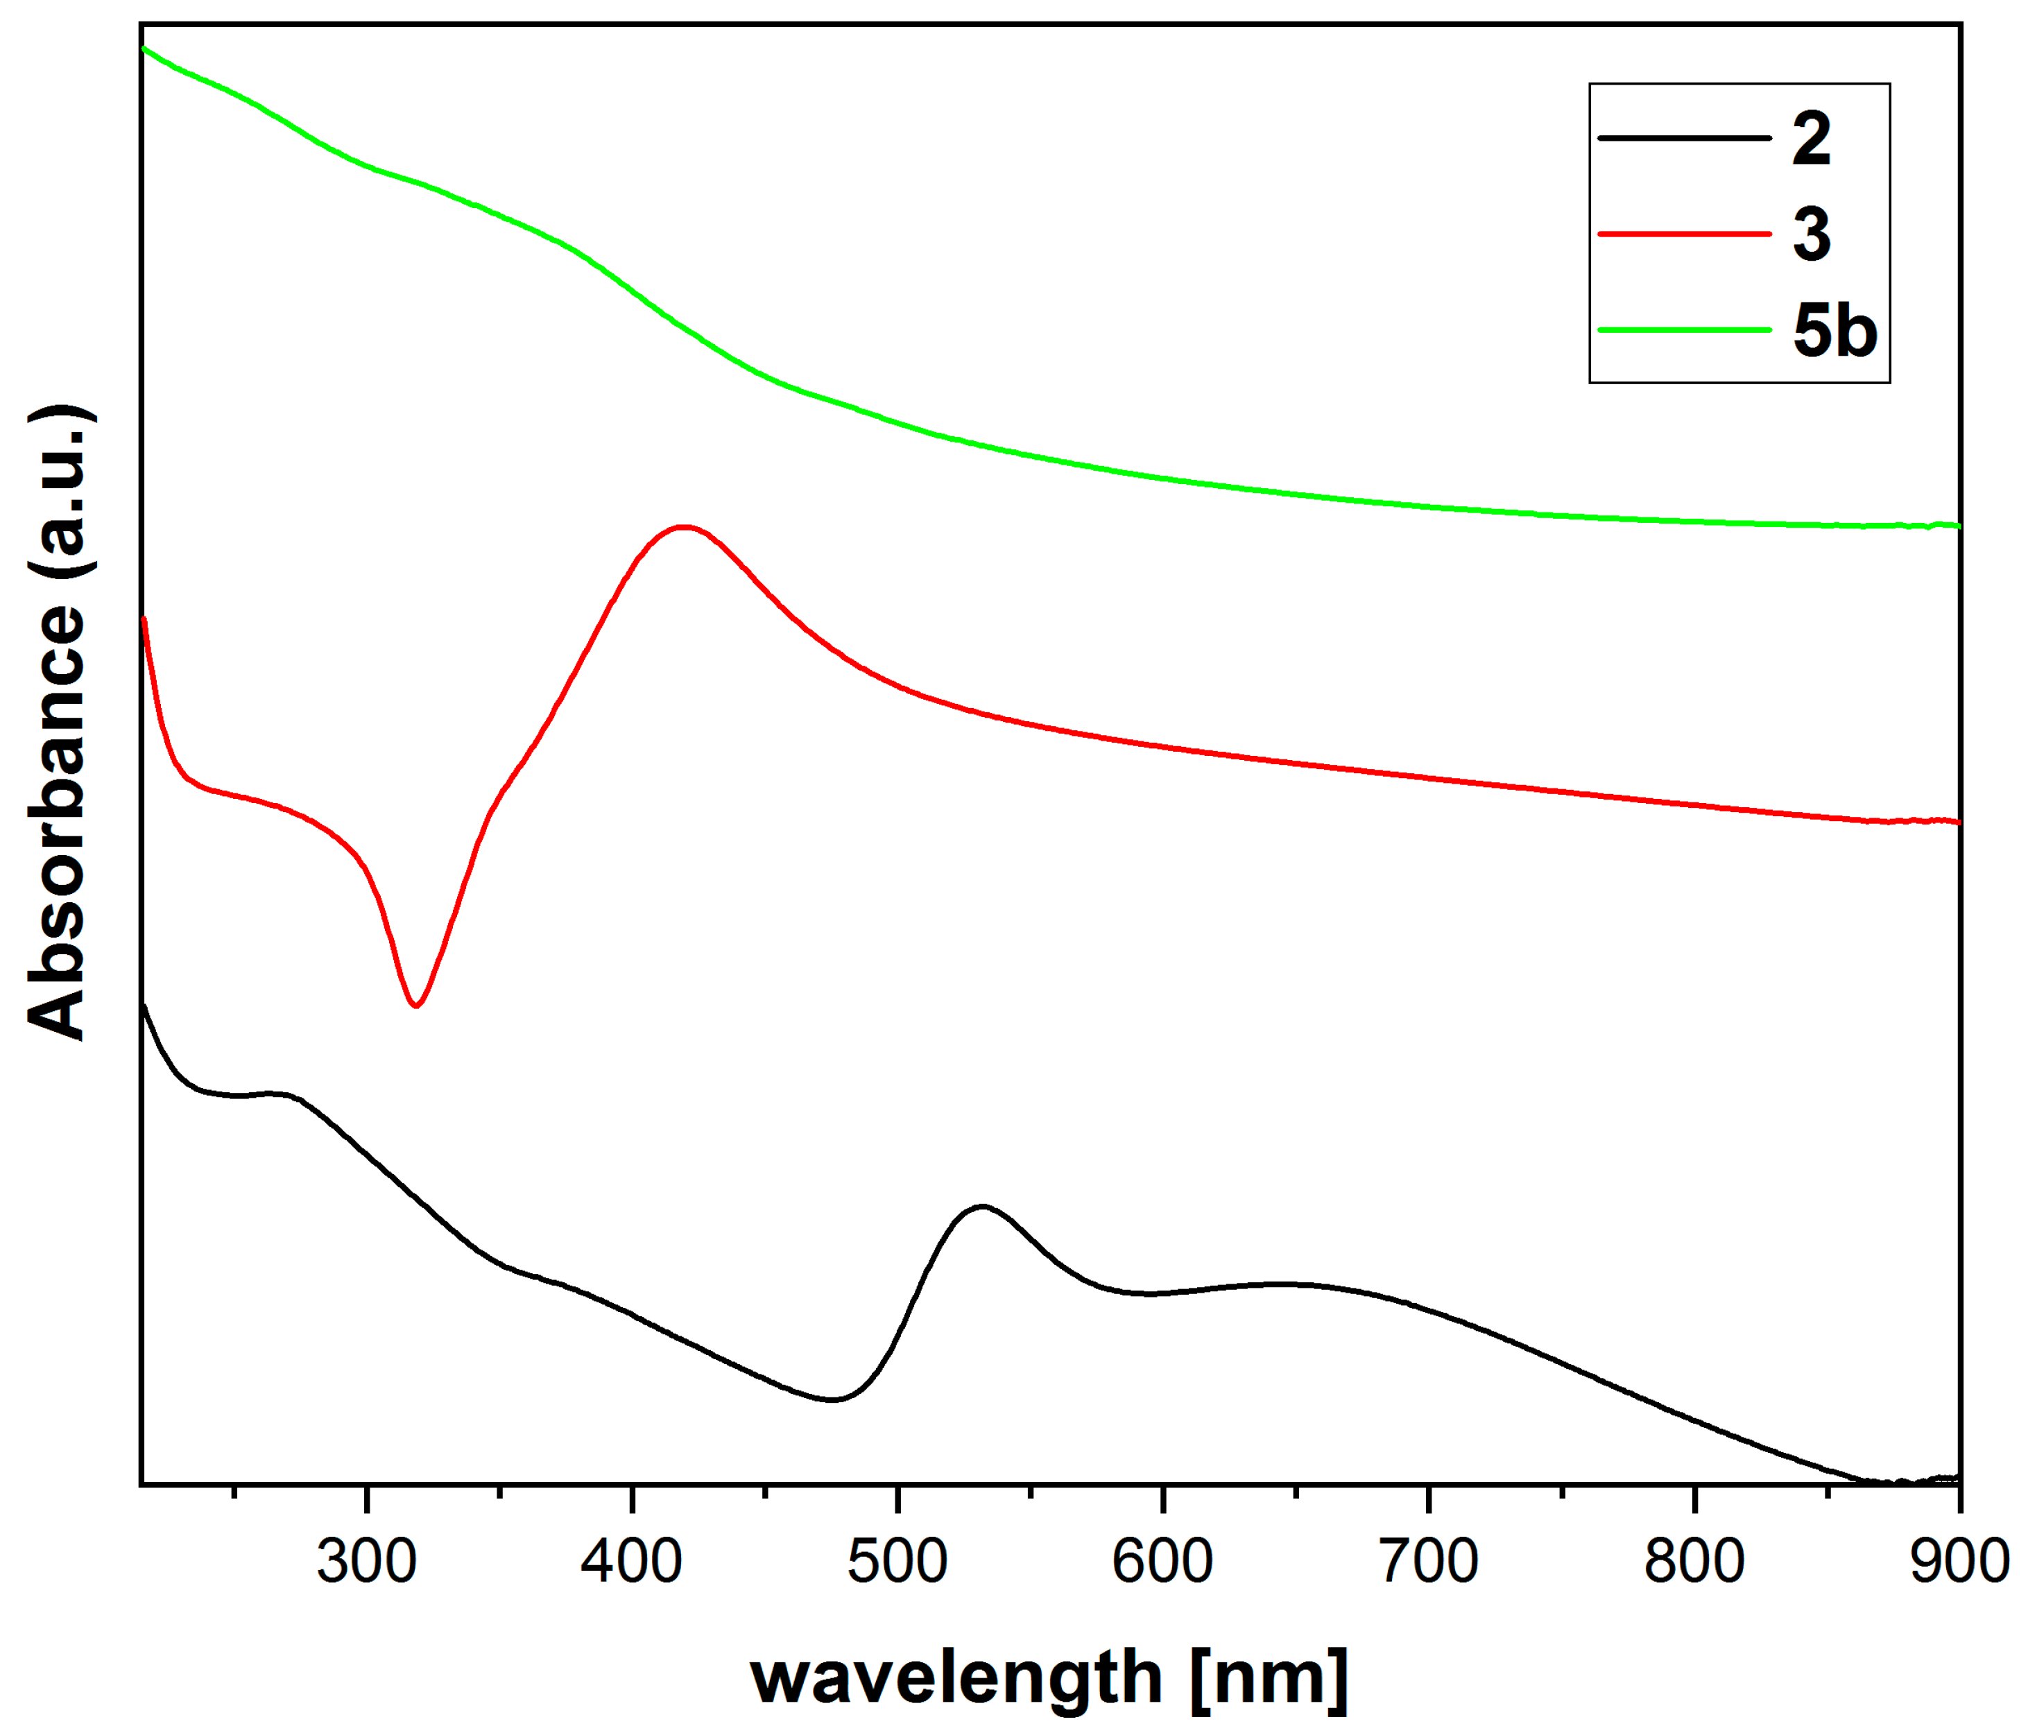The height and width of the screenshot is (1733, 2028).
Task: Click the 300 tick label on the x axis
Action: point(366,1562)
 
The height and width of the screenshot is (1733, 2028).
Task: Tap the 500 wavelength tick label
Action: point(897,1562)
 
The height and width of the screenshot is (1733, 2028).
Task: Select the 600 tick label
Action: point(1163,1562)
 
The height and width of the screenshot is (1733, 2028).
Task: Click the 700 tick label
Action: point(1429,1562)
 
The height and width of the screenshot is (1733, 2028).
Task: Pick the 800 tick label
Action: point(1694,1562)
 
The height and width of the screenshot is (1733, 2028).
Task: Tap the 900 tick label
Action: point(1957,1562)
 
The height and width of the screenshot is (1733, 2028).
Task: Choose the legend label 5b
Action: point(1834,331)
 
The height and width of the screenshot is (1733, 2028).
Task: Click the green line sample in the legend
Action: point(1683,330)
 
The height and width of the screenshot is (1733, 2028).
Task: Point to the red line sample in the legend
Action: point(1683,234)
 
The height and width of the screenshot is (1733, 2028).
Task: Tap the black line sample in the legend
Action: point(1683,138)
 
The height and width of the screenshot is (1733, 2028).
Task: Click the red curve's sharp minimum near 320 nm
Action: point(417,1005)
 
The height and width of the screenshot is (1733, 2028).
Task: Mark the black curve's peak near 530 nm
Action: point(981,1207)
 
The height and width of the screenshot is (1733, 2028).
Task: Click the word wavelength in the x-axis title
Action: point(955,1678)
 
